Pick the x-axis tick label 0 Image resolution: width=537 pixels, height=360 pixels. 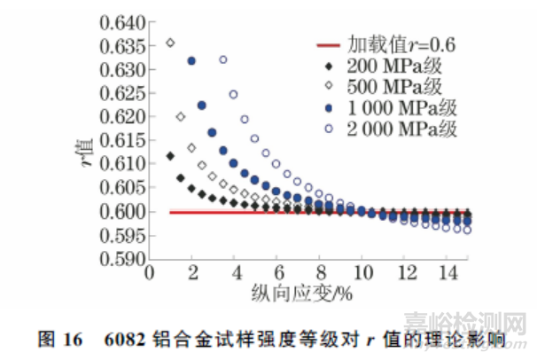point(150,272)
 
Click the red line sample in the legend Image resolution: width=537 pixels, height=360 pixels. point(332,44)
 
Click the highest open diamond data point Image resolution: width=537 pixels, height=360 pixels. point(170,42)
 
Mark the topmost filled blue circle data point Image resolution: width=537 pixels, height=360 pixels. point(191,60)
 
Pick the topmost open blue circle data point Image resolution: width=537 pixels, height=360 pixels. point(223,60)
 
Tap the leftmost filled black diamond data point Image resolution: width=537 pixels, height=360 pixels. point(170,156)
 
